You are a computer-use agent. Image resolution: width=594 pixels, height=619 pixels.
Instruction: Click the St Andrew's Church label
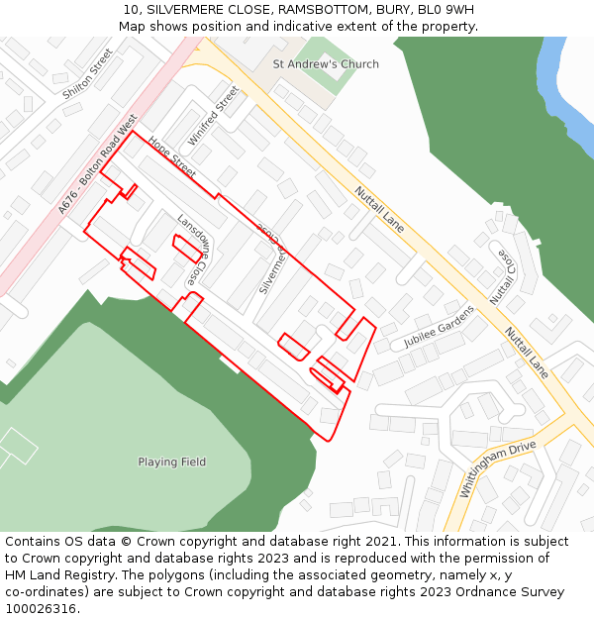coord(326,64)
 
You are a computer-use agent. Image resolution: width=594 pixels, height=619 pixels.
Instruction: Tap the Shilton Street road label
coord(87,74)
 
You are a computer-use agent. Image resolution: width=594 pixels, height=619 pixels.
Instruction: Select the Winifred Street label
coord(214,116)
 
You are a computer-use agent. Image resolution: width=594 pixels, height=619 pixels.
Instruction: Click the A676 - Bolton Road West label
coord(97,169)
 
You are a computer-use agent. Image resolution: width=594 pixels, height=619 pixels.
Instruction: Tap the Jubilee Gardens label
coord(439,327)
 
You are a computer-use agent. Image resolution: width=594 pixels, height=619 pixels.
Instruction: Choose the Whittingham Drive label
coord(497,469)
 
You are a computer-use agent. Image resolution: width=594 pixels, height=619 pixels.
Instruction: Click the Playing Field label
coord(171,462)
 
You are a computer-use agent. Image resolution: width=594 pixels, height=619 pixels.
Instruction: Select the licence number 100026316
coord(40,609)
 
